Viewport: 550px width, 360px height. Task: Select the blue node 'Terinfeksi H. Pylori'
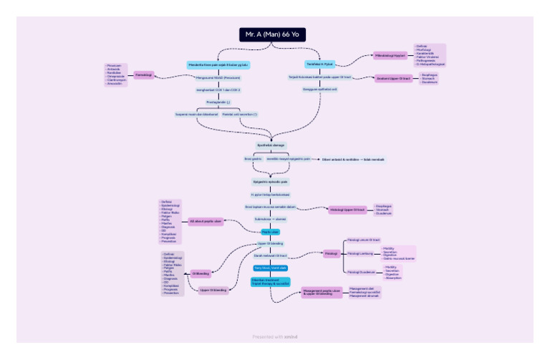coord(320,64)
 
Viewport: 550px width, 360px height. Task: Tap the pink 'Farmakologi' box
coord(144,74)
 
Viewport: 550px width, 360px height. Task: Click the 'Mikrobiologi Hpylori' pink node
coord(390,55)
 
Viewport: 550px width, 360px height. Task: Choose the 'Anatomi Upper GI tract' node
coord(394,78)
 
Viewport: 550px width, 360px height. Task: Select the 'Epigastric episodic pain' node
coord(270,183)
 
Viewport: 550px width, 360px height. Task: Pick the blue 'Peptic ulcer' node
coord(270,232)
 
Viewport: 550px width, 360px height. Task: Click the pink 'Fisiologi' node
coord(331,253)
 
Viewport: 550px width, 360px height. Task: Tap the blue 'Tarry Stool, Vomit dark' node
coord(270,268)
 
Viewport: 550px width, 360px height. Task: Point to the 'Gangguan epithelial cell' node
coord(319,89)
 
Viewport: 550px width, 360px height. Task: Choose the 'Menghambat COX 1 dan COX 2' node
coord(218,89)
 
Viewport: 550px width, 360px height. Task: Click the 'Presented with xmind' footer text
coord(275,336)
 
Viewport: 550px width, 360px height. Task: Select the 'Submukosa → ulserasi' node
coord(271,219)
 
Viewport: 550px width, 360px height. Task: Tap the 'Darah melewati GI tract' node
coord(270,256)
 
